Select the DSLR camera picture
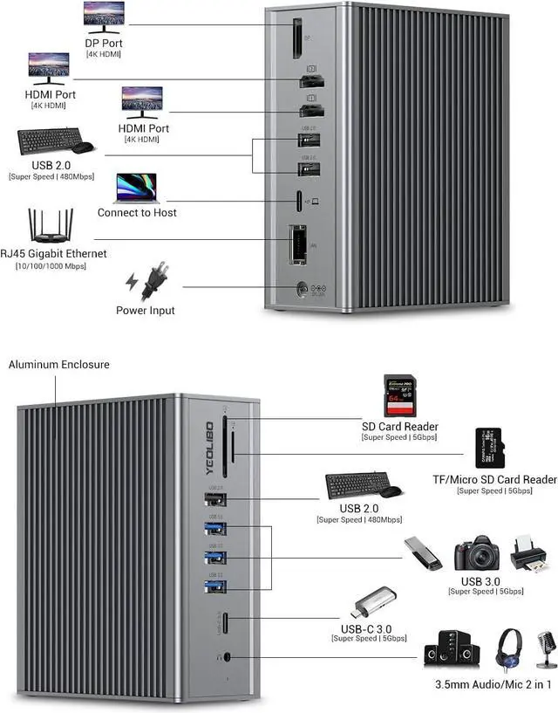click(476, 553)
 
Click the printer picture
click(529, 552)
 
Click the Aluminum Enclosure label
click(59, 364)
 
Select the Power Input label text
click(146, 311)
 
